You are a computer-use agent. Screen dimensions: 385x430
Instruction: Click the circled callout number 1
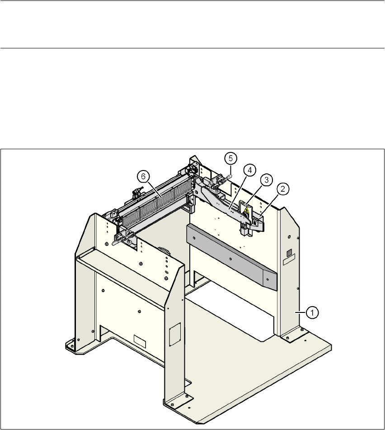(x=312, y=311)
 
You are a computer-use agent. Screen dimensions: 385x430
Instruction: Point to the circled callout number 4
(x=249, y=170)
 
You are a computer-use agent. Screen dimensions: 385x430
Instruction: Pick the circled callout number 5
(x=230, y=158)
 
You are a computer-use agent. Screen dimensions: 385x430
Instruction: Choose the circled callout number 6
(x=143, y=177)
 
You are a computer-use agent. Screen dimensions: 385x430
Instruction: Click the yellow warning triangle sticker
(x=246, y=209)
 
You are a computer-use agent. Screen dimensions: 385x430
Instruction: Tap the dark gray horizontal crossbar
(x=230, y=255)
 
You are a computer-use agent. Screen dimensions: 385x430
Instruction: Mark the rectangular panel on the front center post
(x=174, y=334)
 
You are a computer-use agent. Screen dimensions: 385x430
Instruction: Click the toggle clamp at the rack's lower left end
(x=122, y=238)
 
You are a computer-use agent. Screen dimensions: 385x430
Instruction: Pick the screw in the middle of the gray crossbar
(x=230, y=259)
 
